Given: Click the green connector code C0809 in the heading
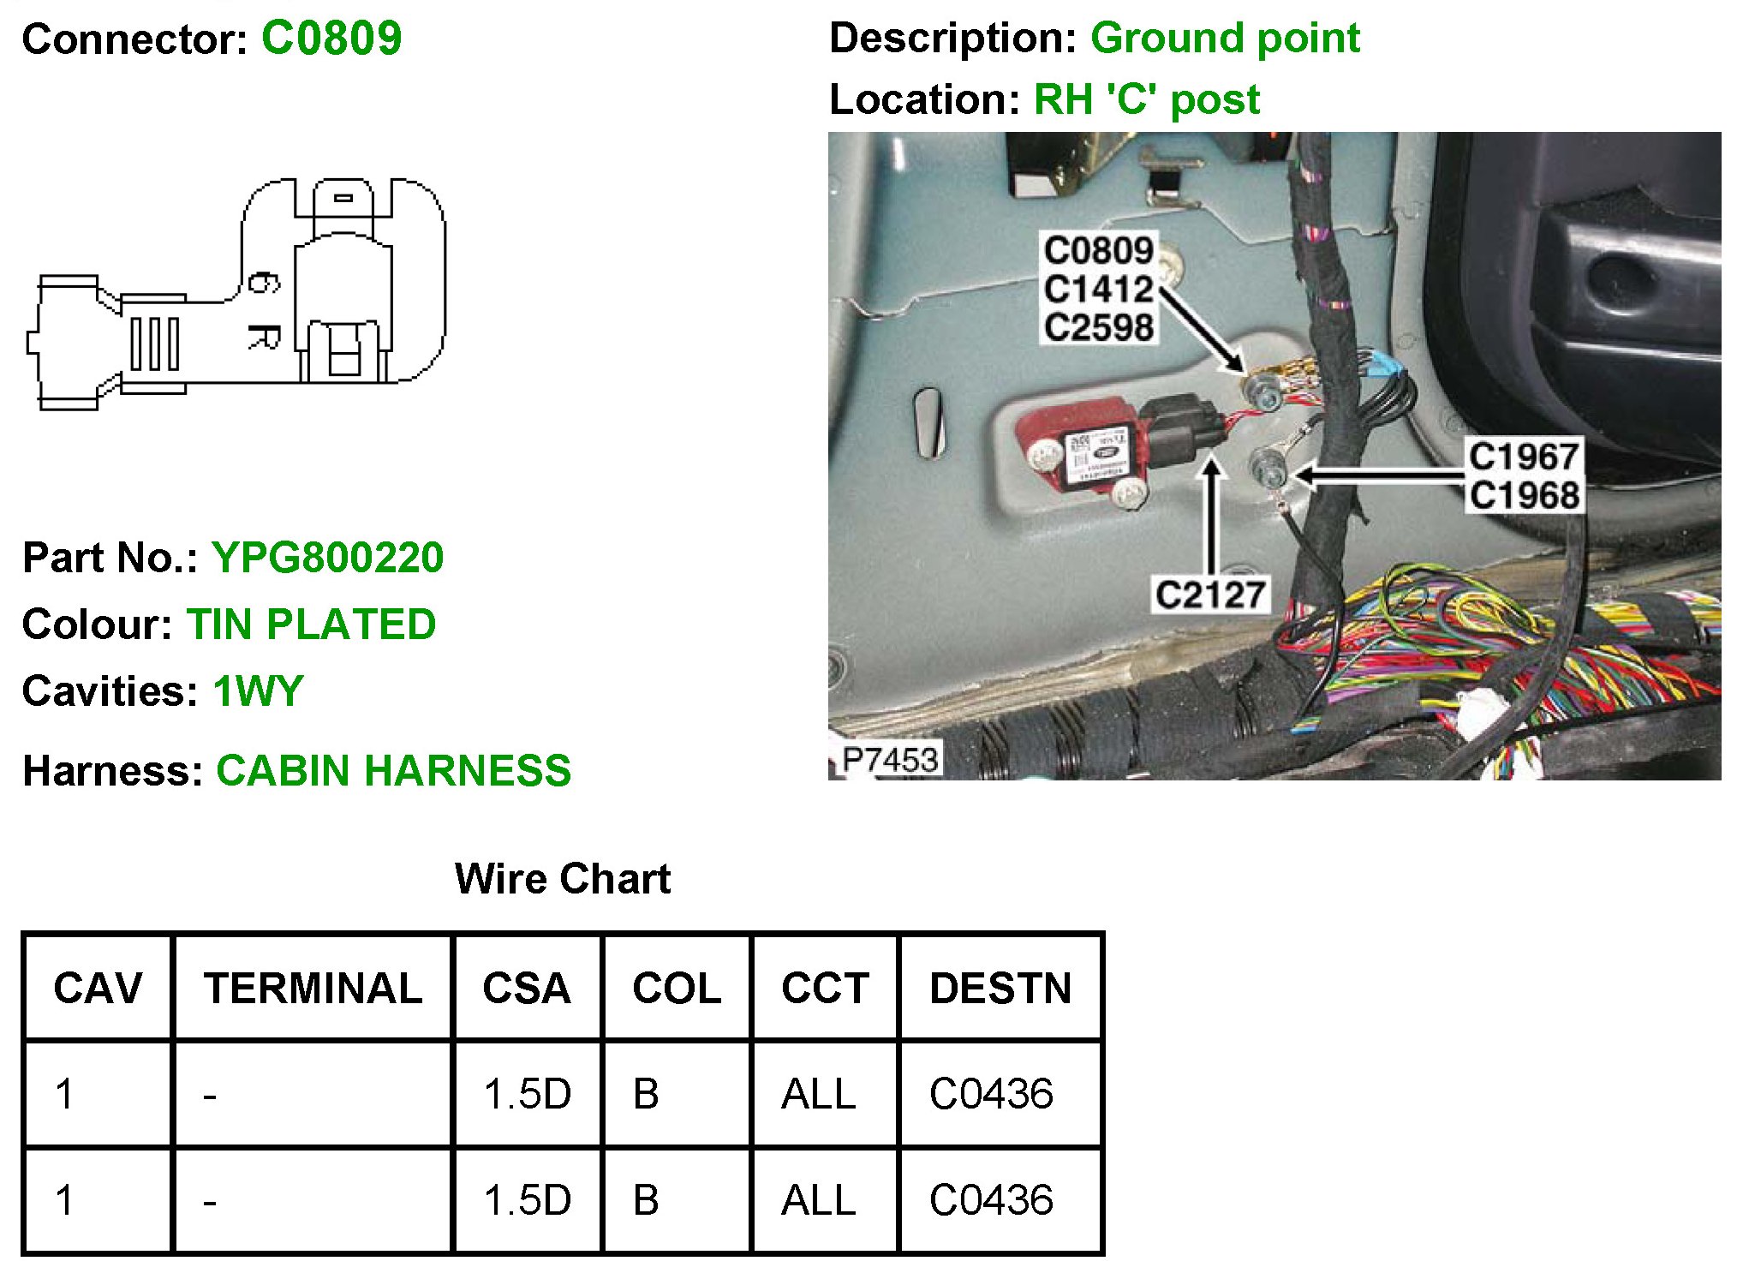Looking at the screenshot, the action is pos(331,39).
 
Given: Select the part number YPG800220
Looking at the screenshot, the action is pos(327,558).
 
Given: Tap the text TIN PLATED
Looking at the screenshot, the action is pos(311,624).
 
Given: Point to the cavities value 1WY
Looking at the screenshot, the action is pos(258,691).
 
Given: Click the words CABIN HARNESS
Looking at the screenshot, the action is pos(393,770).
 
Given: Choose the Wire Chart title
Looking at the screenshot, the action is pos(562,879).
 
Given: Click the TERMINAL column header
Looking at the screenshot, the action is pos(313,989).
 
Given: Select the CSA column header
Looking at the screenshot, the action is pos(526,989).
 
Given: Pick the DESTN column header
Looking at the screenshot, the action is pos(1000,989).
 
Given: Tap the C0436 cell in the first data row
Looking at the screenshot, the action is pos(991,1094).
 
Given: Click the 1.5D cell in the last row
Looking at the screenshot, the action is pos(527,1200).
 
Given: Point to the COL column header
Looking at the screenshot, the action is pos(677,989).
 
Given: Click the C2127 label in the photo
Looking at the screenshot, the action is pos(1210,595).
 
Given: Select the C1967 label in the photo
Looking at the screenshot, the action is pos(1524,457).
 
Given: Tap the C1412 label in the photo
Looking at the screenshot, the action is pos(1098,289).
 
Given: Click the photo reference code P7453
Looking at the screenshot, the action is pos(890,759).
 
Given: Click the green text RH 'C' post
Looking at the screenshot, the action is pos(1146,100).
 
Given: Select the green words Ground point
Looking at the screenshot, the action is pos(1225,39).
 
